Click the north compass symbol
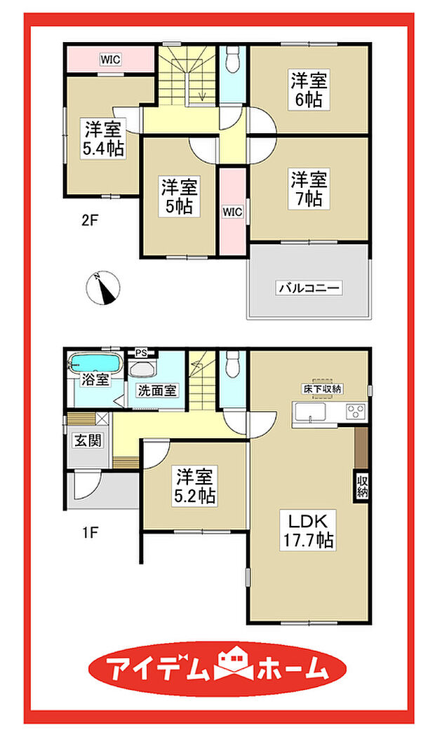click(x=103, y=287)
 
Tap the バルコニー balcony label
click(x=309, y=288)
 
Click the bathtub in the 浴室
click(x=94, y=363)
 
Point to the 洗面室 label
click(x=158, y=391)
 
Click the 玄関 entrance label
click(x=88, y=440)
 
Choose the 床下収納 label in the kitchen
click(x=321, y=389)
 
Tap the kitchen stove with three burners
click(x=355, y=412)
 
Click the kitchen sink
click(x=309, y=412)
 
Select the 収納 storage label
click(x=361, y=486)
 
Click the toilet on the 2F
click(x=233, y=60)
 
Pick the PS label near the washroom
click(x=140, y=353)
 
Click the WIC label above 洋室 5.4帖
click(x=110, y=60)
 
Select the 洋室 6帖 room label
click(x=309, y=90)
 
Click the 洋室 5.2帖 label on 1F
click(x=195, y=486)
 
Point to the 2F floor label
click(x=89, y=222)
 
